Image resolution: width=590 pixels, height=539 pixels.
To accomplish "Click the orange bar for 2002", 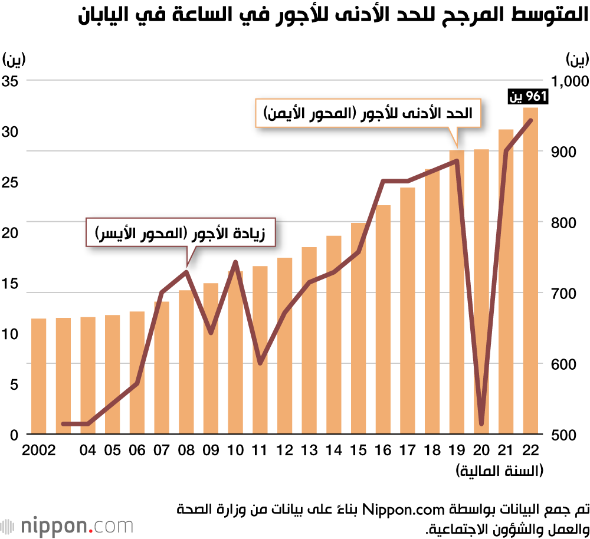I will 38,376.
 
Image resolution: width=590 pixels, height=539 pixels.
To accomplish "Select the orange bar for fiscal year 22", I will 530,271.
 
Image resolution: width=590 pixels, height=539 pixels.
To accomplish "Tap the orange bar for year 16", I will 383,320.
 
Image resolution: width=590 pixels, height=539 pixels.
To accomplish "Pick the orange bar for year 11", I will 260,350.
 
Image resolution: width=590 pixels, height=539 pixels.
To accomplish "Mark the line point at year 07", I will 162,292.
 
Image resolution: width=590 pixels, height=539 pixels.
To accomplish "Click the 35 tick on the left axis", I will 12,81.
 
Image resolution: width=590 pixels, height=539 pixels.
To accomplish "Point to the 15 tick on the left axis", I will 12,284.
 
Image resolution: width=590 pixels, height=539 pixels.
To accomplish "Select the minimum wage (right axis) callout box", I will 368,113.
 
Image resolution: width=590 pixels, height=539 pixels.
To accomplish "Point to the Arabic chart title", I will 333,17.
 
